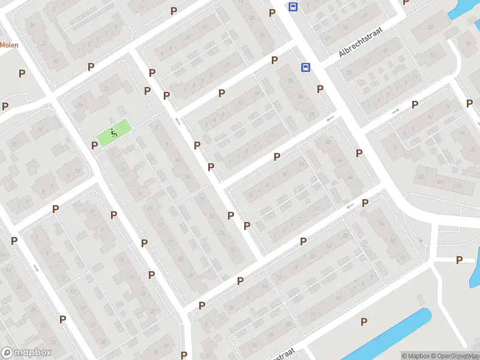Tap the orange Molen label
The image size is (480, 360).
pos(8,44)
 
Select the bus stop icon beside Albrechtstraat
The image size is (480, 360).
pos(305,67)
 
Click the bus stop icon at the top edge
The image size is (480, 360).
pos(293,7)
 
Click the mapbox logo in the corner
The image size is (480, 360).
pos(26,352)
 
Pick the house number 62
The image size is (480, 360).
pos(403,257)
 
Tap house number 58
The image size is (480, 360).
pos(393,239)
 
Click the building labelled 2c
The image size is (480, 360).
pos(106,88)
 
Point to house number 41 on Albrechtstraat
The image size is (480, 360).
pos(384,50)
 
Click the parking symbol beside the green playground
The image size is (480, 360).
pos(94,145)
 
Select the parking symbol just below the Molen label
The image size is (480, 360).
pos(22,73)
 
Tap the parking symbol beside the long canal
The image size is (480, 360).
pos(363,322)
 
